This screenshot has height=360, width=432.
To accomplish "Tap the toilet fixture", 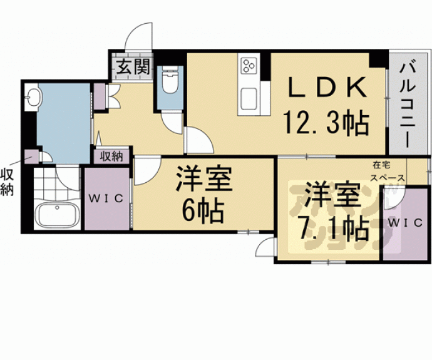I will click(x=169, y=81).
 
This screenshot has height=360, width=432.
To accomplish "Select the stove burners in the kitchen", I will click(x=247, y=65).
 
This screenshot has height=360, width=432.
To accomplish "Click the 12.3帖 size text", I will click(x=325, y=122).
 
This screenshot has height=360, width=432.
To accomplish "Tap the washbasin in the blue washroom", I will click(x=34, y=97).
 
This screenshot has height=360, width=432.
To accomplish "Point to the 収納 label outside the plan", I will click(x=8, y=181).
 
